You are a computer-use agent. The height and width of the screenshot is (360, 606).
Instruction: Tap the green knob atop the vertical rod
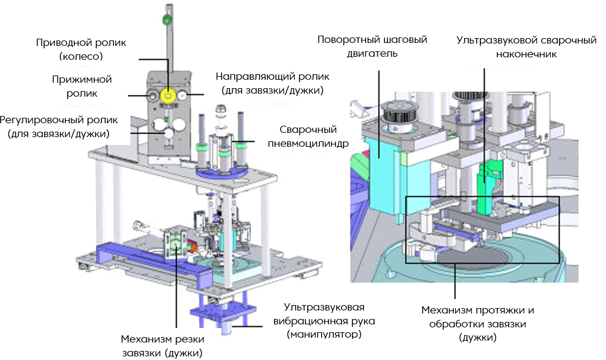click(x=166, y=20)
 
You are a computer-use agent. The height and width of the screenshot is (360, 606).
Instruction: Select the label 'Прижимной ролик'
click(x=91, y=86)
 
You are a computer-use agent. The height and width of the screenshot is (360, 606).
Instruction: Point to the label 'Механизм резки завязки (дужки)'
click(x=161, y=345)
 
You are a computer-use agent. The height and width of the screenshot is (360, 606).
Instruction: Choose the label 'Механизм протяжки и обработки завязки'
click(x=477, y=324)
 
